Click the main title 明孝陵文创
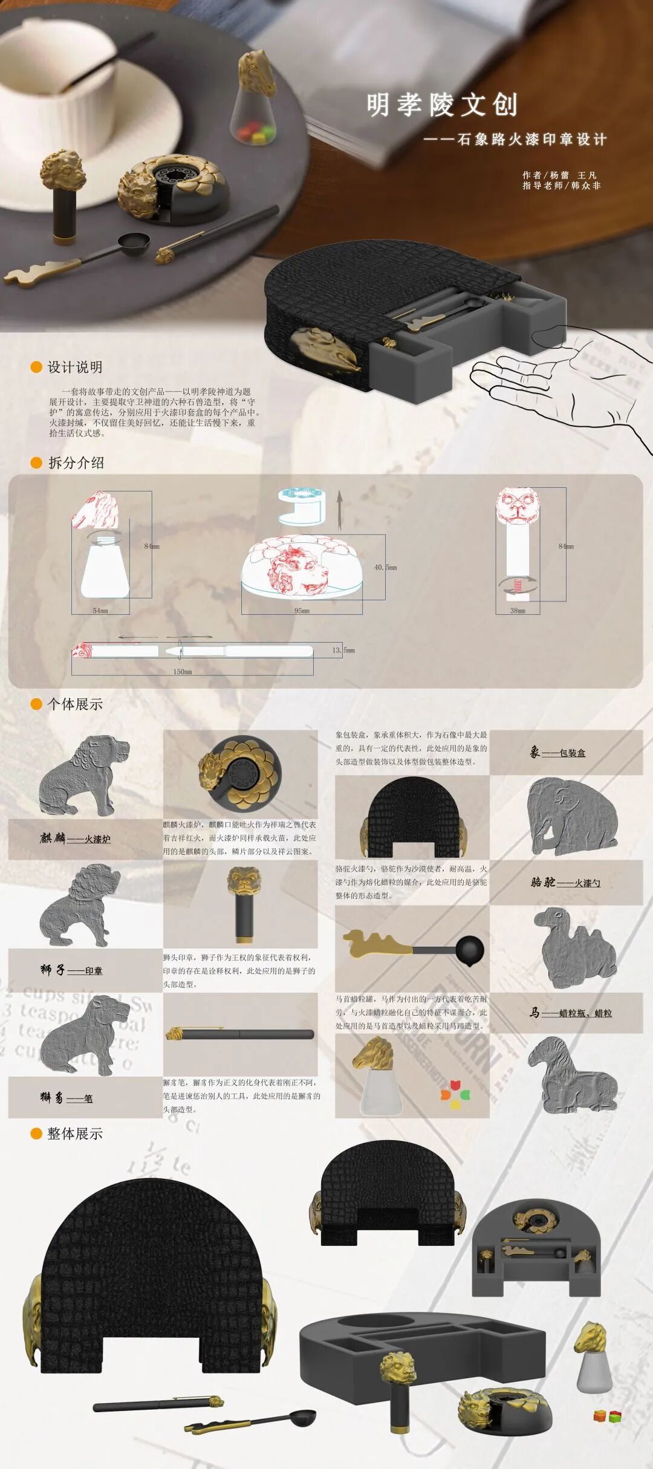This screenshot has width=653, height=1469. coord(442,105)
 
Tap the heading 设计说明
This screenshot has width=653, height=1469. coord(75,367)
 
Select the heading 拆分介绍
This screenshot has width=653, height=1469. coord(76,462)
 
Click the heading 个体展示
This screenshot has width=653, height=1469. coord(75,704)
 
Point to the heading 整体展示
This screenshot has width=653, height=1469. coord(75,1133)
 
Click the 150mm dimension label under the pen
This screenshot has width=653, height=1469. coord(183,672)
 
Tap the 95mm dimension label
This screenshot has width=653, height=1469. coord(302,611)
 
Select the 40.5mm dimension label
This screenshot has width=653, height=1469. coord(385,568)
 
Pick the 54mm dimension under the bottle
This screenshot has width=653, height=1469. coord(100,611)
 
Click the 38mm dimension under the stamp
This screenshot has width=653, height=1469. coord(518,611)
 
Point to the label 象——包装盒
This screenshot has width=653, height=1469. coord(557,753)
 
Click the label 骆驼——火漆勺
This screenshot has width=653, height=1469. coord(565,883)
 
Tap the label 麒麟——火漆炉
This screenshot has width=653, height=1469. coord(75,838)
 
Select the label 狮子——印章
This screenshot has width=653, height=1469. coord(71,970)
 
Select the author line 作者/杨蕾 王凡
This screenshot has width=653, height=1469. coord(559,175)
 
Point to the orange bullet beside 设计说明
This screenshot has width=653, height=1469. coord(36,367)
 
